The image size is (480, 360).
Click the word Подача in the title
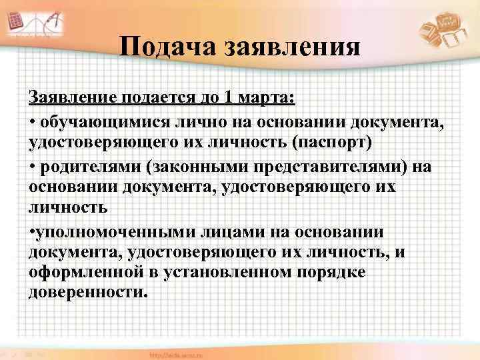click(167, 49)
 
